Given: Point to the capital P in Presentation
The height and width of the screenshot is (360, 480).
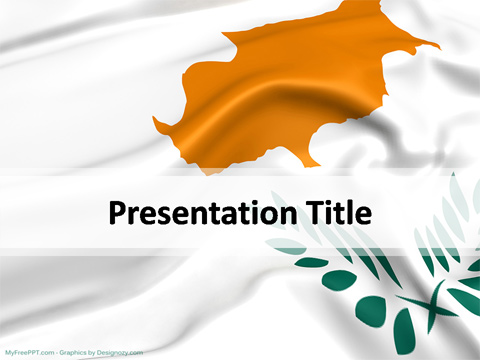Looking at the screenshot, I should (116, 213).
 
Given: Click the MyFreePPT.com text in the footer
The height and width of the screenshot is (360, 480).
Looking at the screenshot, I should (30, 352).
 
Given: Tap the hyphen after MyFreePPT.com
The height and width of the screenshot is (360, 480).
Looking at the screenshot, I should (57, 352).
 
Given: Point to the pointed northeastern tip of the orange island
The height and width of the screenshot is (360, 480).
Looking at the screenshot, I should (436, 45).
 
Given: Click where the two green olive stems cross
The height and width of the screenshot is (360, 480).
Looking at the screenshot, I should (430, 300).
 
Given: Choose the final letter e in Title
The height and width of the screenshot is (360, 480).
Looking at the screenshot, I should (364, 215).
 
